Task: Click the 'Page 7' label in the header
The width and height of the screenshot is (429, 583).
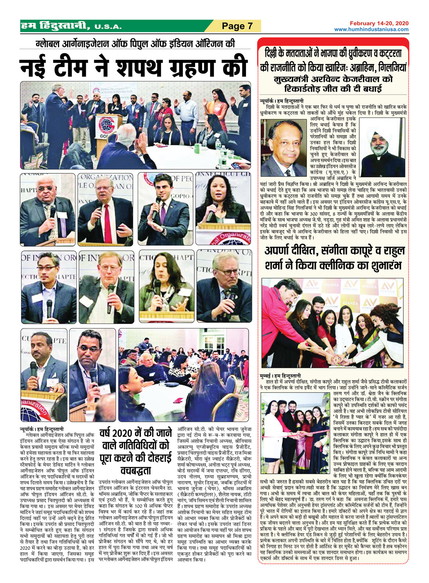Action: point(237,26)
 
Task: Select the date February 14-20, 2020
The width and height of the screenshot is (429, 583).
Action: point(379,24)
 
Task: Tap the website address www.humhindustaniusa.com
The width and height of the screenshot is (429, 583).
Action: point(371,29)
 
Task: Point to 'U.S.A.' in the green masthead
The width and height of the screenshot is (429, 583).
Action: point(108,27)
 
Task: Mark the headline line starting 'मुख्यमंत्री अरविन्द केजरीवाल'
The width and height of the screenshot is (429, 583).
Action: point(333,79)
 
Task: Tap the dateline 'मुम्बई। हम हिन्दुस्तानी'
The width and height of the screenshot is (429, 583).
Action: point(281,375)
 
